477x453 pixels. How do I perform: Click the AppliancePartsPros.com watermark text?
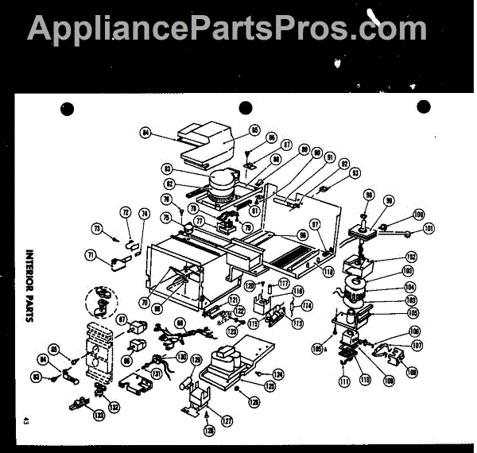pos(227,29)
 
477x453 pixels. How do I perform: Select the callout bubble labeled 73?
pos(98,228)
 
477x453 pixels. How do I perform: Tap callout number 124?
pos(277,374)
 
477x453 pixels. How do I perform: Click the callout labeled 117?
pos(283,284)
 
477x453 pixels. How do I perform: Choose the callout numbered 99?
pos(390,203)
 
